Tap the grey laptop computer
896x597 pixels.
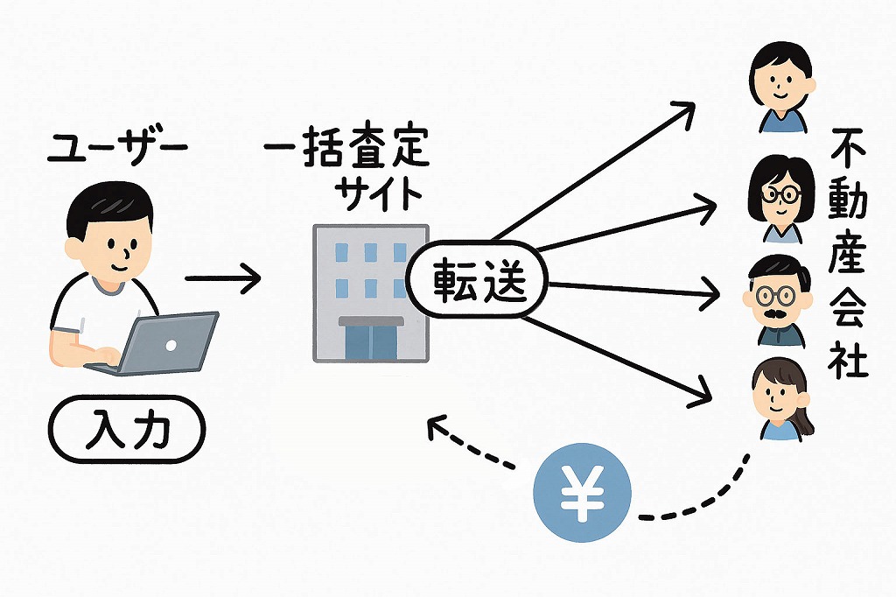point(166,342)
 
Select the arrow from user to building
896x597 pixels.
point(224,279)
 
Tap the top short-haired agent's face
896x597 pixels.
point(781,83)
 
